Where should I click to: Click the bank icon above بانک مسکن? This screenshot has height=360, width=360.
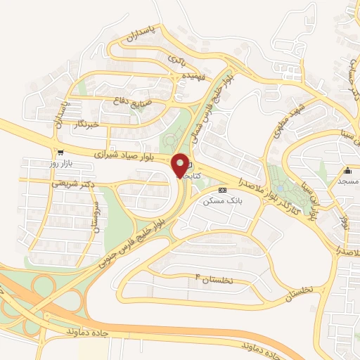pos(222,191)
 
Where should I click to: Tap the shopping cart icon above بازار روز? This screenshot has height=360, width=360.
pos(60,153)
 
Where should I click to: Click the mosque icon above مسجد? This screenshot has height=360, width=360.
pos(347,171)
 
